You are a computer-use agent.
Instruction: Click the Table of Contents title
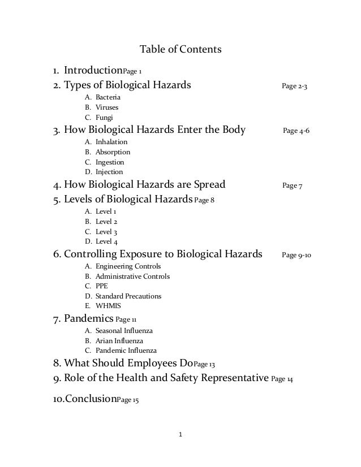180,50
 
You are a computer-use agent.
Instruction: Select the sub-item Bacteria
108,97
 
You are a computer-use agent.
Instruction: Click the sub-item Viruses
107,107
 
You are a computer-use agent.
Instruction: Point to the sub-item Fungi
104,118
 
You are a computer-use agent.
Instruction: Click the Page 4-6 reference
296,131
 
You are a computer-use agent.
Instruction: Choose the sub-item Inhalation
111,141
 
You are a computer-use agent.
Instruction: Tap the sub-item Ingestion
110,162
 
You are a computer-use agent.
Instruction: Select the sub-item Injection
109,172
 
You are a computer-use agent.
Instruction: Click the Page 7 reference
292,185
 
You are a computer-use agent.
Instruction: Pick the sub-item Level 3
106,232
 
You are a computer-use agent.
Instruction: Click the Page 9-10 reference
296,255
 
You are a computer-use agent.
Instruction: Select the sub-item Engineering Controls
128,266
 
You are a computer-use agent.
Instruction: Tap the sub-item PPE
102,286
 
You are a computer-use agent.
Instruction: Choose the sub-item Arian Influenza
119,340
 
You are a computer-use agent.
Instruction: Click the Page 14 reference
282,378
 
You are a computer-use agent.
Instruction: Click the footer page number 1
180,435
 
